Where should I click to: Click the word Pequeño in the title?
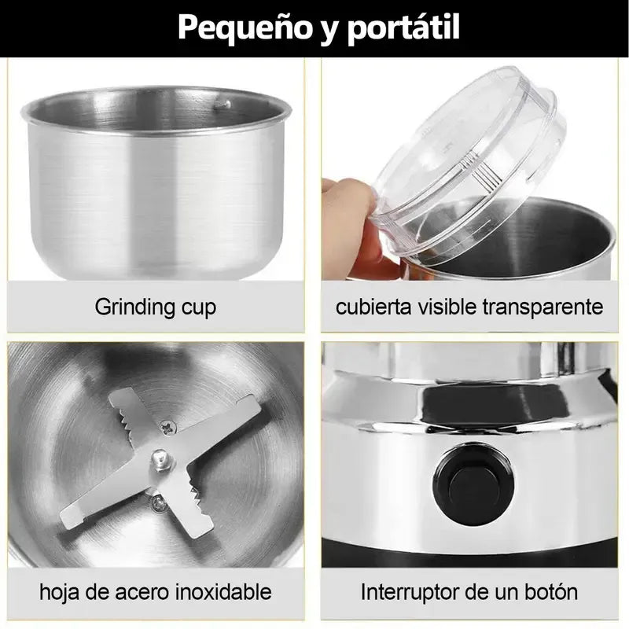click(x=245, y=28)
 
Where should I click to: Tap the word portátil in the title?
click(x=403, y=28)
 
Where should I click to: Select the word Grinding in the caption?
click(x=135, y=307)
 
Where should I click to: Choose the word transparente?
click(x=543, y=307)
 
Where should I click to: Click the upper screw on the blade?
click(x=167, y=426)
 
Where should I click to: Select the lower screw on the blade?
click(x=159, y=502)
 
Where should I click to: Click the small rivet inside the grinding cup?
click(x=222, y=105)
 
